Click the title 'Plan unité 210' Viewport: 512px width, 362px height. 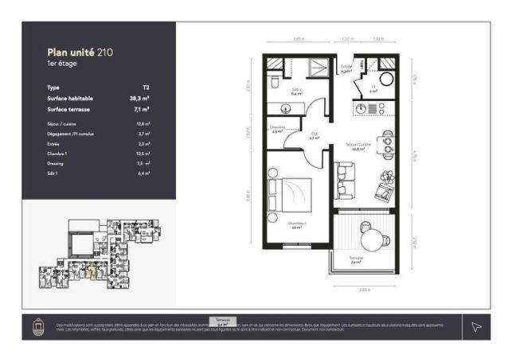coord(80,53)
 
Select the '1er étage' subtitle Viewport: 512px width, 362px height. coord(64,64)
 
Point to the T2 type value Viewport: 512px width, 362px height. coord(146,88)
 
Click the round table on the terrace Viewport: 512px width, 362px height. coord(373,235)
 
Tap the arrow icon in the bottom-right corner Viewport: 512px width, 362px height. coord(476,326)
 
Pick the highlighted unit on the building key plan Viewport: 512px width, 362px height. coord(89,271)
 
